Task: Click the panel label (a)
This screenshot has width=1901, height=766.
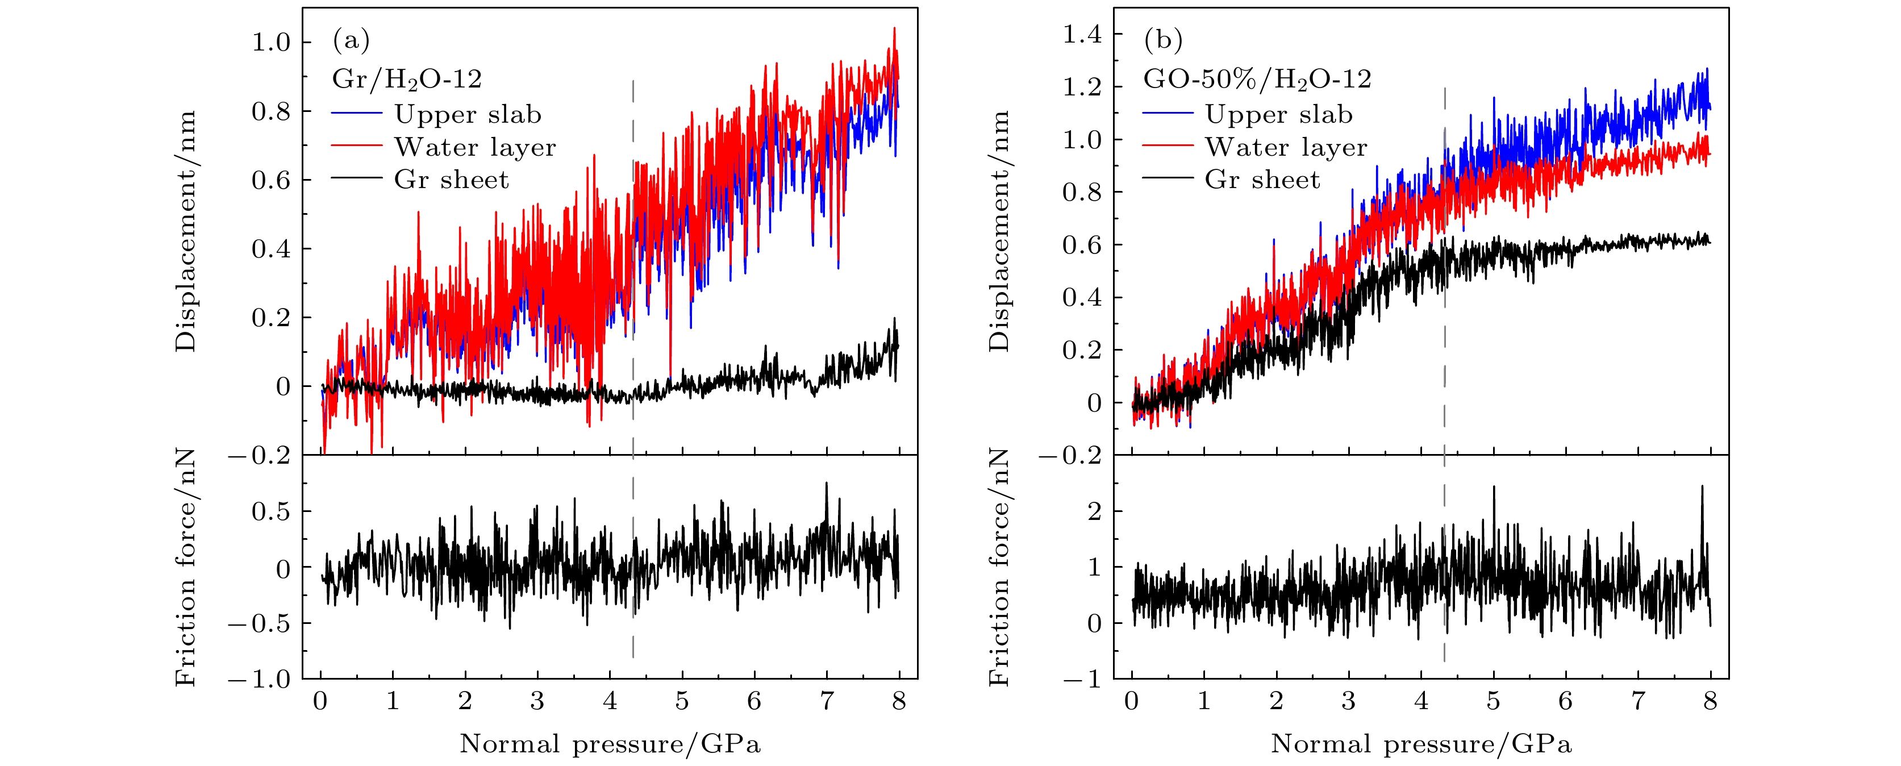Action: coord(351,40)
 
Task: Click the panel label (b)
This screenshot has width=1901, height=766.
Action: coord(1163,40)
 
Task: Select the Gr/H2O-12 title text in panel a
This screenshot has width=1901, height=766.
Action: coord(407,79)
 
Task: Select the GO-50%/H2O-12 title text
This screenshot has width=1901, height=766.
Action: coord(1257,79)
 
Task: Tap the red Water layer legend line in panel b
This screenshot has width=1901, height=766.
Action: coord(1168,146)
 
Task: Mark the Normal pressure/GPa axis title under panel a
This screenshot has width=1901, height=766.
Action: coord(610,744)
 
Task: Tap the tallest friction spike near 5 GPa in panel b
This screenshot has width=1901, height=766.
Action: coord(1494,488)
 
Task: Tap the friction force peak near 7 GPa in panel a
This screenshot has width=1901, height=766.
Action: coord(827,484)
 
